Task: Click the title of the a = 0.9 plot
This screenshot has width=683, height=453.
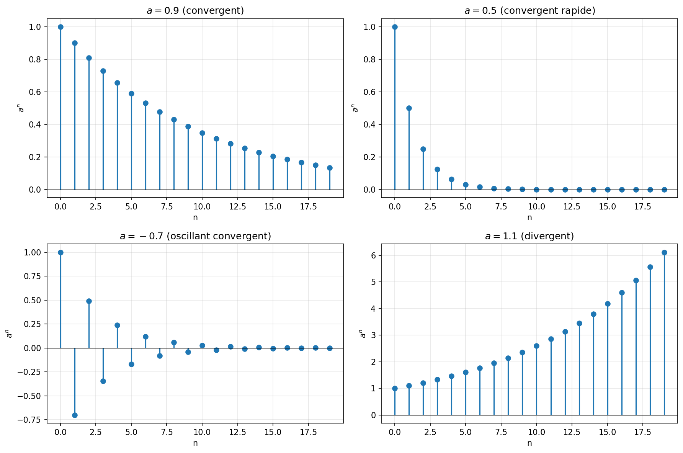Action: pyautogui.click(x=195, y=11)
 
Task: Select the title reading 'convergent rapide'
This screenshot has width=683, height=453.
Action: pyautogui.click(x=529, y=11)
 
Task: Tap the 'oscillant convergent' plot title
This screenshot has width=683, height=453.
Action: pyautogui.click(x=195, y=236)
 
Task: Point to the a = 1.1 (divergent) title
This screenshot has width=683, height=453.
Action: pyautogui.click(x=529, y=236)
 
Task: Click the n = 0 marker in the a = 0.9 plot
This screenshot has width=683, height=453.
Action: pyautogui.click(x=60, y=27)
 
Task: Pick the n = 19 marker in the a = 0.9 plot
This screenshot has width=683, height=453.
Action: pyautogui.click(x=330, y=168)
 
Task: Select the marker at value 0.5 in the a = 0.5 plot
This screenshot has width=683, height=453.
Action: pyautogui.click(x=409, y=108)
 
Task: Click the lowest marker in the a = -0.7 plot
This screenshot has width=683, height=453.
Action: pyautogui.click(x=75, y=415)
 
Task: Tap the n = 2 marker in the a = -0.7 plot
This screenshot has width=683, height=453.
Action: pyautogui.click(x=89, y=301)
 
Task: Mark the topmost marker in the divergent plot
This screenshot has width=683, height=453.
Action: pyautogui.click(x=664, y=252)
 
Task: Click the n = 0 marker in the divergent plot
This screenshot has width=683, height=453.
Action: pyautogui.click(x=395, y=388)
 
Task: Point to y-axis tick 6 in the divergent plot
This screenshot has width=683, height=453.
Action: pyautogui.click(x=374, y=255)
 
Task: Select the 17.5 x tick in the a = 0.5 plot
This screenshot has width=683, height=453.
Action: pyautogui.click(x=643, y=207)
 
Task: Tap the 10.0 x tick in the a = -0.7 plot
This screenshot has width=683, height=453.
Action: pyautogui.click(x=202, y=432)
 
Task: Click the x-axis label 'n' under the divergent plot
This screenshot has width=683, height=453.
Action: pyautogui.click(x=529, y=443)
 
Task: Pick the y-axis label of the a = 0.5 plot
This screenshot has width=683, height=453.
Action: pyautogui.click(x=355, y=108)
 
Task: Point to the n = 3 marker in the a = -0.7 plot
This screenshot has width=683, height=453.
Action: pyautogui.click(x=103, y=381)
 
